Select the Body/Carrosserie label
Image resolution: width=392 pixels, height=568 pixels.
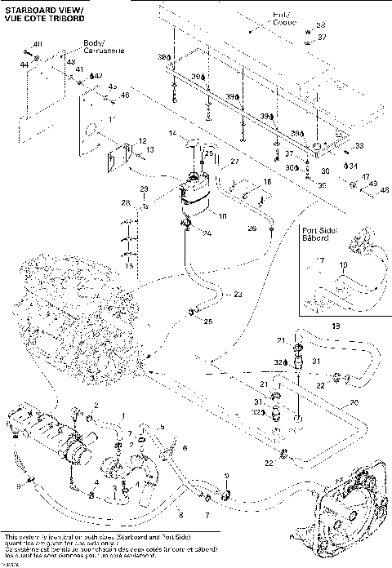pyautogui.click(x=103, y=46)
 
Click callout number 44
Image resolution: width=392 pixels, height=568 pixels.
pyautogui.click(x=24, y=64)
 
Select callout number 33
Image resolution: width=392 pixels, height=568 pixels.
pyautogui.click(x=357, y=146)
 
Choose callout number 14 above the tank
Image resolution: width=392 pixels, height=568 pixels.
pyautogui.click(x=173, y=133)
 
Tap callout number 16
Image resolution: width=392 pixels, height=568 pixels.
pyautogui.click(x=266, y=181)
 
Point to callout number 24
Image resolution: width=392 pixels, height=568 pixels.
pyautogui.click(x=207, y=234)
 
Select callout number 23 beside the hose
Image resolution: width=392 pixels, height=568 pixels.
pyautogui.click(x=238, y=295)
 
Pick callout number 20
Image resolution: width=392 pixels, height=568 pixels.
pyautogui.click(x=354, y=402)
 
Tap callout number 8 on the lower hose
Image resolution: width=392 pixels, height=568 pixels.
pyautogui.click(x=181, y=516)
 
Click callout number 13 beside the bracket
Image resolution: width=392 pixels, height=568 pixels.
pyautogui.click(x=149, y=150)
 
